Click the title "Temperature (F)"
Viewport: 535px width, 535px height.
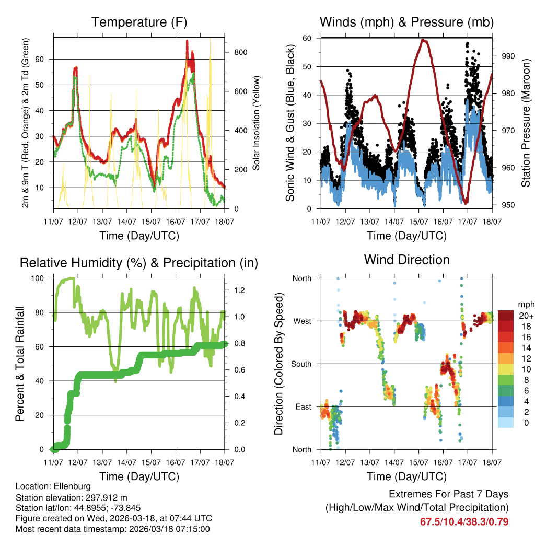(x=139, y=22)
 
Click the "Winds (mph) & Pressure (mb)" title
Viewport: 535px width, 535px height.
(x=406, y=22)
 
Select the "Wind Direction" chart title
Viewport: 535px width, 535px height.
(x=406, y=260)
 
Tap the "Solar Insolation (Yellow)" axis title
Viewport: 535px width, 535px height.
(x=257, y=123)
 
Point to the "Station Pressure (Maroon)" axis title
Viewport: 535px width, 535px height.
(x=526, y=123)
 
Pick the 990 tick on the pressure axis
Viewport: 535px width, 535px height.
(x=509, y=56)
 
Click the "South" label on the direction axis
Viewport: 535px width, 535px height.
(x=300, y=364)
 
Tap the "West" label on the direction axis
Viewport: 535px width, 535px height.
(x=301, y=321)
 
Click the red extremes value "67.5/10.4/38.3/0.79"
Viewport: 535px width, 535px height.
(x=464, y=521)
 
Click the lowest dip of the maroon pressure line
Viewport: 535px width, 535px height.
(x=466, y=203)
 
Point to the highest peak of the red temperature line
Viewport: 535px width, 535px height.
(x=187, y=41)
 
